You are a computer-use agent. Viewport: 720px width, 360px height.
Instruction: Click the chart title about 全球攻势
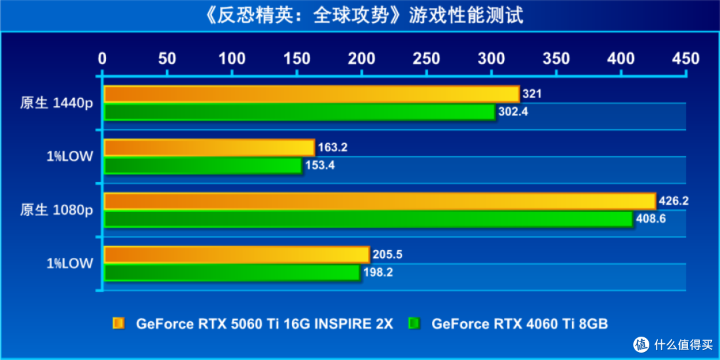(x=360, y=15)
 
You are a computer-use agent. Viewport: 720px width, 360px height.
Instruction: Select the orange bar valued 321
(x=311, y=94)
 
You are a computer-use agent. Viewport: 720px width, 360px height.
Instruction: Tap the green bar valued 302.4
(x=299, y=112)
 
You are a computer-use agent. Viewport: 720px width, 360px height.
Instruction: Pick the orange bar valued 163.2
(x=209, y=147)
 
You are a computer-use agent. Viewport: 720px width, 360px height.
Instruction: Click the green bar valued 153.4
(x=203, y=165)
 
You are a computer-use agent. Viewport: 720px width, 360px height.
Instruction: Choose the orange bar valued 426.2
(x=379, y=201)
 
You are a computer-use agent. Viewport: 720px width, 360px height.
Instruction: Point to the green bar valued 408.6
(x=368, y=219)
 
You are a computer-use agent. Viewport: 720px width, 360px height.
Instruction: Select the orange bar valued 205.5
(x=236, y=254)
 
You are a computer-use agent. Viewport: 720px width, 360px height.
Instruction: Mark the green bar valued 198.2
(x=232, y=272)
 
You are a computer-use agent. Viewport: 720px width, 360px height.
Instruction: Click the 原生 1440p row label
(x=56, y=103)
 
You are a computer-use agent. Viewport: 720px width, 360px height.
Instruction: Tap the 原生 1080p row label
(x=56, y=210)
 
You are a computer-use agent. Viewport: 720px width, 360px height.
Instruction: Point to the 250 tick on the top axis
(x=427, y=59)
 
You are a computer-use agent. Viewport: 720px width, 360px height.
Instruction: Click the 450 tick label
(x=686, y=59)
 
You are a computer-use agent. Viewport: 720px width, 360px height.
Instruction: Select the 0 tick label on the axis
(x=102, y=59)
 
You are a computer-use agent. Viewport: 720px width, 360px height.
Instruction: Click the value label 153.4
(x=320, y=165)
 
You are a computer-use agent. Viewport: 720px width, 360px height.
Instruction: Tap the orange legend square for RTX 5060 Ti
(x=119, y=324)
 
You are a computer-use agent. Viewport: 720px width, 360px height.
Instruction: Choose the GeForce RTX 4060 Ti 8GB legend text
(x=519, y=324)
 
